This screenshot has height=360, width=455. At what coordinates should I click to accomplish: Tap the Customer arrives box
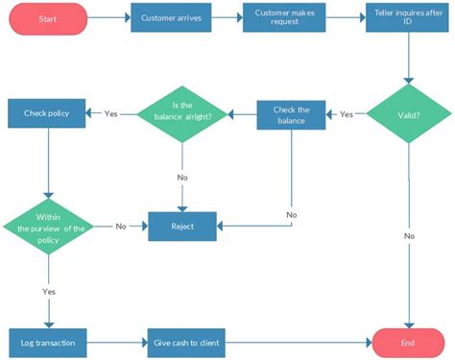pos(170,18)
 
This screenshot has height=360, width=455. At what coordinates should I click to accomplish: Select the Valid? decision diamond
pos(409,115)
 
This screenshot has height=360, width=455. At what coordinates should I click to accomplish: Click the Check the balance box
pos(291,115)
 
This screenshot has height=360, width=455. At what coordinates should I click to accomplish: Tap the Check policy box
pos(47,113)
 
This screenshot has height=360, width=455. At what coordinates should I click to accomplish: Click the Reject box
pos(182,227)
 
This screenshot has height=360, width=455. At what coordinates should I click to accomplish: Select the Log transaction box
pos(47,341)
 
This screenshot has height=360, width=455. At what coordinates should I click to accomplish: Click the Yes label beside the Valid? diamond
pos(347,114)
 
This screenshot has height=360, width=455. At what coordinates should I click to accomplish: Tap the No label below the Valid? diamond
pos(409,235)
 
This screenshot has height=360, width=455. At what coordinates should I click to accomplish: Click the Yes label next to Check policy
pos(111,113)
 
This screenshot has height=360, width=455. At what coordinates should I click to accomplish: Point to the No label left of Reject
pos(121,227)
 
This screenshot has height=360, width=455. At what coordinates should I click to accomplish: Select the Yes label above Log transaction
pos(48,290)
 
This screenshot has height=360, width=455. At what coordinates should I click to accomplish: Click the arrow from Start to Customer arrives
pos(108,18)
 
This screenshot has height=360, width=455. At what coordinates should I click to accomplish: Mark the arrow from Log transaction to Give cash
pos(115,341)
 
